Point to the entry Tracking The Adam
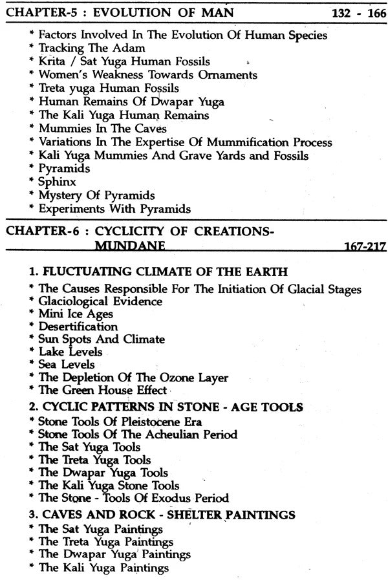[91, 48]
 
